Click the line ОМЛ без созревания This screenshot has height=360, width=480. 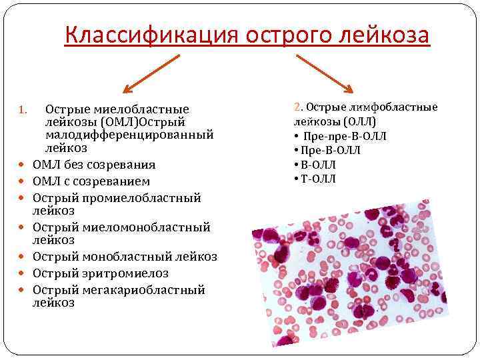click(x=94, y=165)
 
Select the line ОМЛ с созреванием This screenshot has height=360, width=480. click(x=91, y=181)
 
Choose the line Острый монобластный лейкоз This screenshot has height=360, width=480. click(x=125, y=257)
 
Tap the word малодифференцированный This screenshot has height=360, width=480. click(x=129, y=135)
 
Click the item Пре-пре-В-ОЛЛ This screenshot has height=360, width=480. click(x=344, y=136)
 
